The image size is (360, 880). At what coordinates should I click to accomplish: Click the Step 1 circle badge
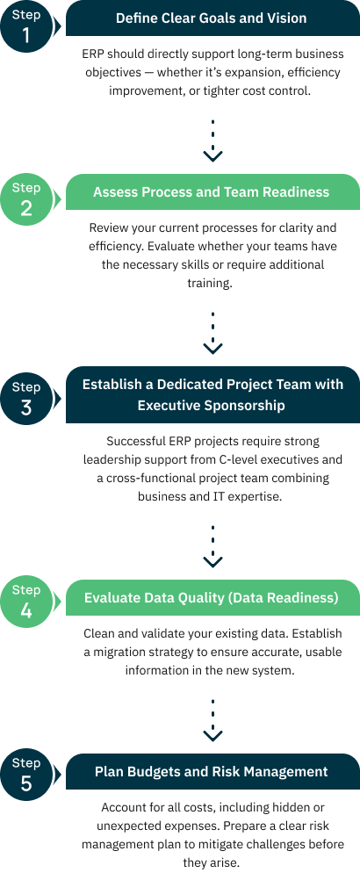coord(26,26)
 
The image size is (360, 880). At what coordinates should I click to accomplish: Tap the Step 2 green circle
coord(26,199)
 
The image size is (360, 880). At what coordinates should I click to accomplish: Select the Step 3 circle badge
coord(26,399)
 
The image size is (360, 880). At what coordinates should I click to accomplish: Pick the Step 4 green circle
coord(26,602)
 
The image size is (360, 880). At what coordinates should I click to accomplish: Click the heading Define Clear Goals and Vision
coord(211,18)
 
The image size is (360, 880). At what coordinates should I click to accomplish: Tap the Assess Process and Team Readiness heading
coord(211,192)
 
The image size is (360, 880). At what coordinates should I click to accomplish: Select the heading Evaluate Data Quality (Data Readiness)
coord(211,598)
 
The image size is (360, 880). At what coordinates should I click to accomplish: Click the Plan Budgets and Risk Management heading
coord(211,771)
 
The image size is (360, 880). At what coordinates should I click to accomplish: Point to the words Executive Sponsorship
coord(212,405)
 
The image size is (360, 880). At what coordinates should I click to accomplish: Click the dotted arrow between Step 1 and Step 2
coord(212,141)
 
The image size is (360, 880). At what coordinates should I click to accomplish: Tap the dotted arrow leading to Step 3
coord(212,333)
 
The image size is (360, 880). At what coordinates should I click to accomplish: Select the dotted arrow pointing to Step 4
coord(212,546)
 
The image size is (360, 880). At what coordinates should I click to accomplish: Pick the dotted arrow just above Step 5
coord(212,721)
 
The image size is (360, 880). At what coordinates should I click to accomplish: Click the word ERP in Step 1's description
coord(92,54)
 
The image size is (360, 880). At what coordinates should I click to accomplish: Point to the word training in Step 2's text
coord(209,284)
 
